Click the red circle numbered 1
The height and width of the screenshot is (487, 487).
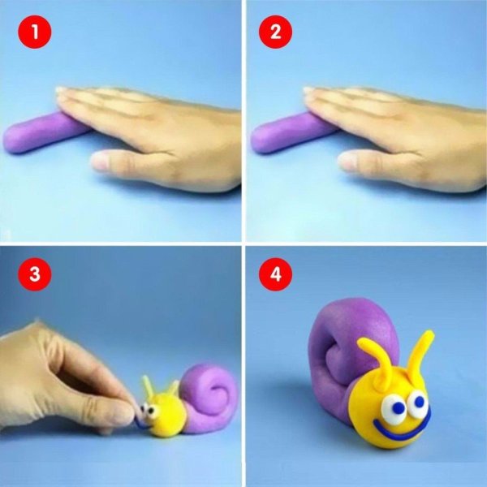coord(34,32)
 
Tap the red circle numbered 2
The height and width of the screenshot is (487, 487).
coord(275,32)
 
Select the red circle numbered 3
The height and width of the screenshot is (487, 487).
coord(34,274)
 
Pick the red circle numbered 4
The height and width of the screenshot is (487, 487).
coord(275,274)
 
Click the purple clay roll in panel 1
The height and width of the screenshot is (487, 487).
coord(44,133)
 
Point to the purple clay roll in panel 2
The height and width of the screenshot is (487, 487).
coord(291,133)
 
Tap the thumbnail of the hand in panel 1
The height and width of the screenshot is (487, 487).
coord(99,161)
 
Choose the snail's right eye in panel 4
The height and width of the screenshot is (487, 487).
coord(418,403)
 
